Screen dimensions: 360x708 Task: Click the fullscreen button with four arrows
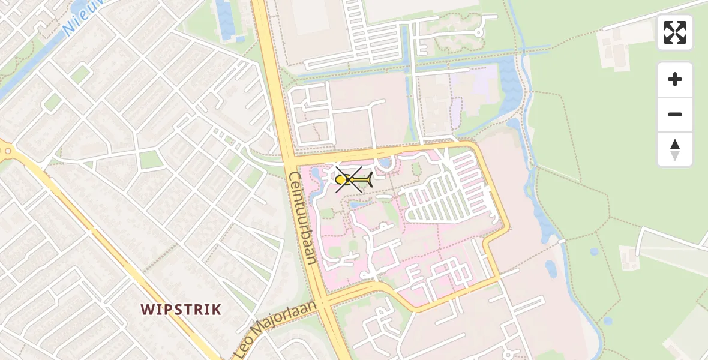[x=675, y=32]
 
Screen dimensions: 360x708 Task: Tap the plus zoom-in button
[x=675, y=79]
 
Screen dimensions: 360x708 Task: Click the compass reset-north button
[x=675, y=149]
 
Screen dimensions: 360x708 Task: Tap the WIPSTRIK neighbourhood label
[x=181, y=310]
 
